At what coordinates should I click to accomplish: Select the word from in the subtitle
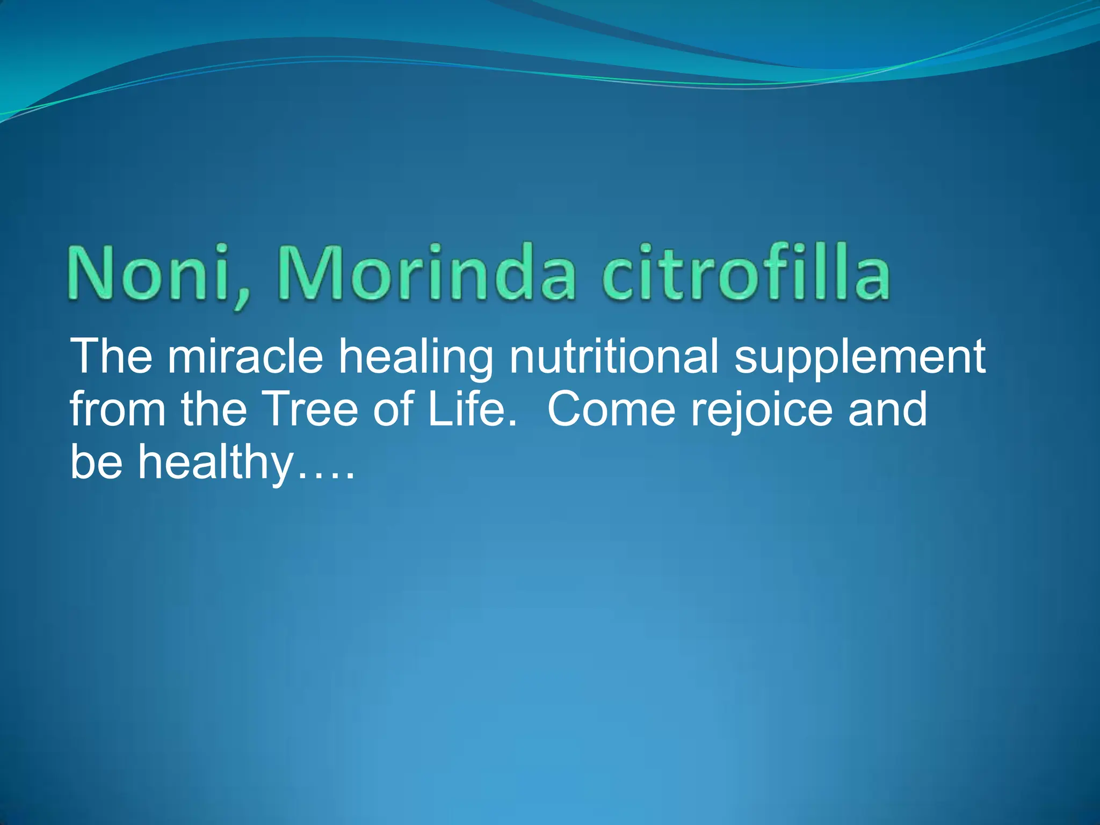click(x=118, y=409)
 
